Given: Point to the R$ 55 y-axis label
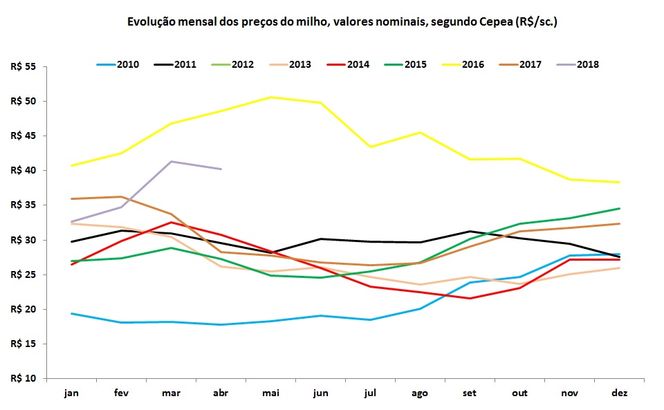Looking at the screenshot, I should point(24,66).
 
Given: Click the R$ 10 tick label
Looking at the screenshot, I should point(24,378).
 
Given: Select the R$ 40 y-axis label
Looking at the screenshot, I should point(24,170).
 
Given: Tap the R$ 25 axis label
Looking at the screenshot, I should point(24,274).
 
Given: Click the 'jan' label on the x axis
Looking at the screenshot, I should point(71,393).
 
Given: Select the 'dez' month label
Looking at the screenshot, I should point(620,393).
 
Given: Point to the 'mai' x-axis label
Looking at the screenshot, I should point(270,393).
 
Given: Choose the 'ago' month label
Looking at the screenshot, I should point(420,393).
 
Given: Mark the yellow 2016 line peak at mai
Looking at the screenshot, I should point(270,97).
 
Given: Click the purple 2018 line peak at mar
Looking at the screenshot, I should point(171,161).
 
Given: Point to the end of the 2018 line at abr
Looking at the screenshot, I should point(221,169).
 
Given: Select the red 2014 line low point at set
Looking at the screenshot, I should point(470,298).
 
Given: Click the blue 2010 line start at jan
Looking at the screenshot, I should point(71,313).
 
